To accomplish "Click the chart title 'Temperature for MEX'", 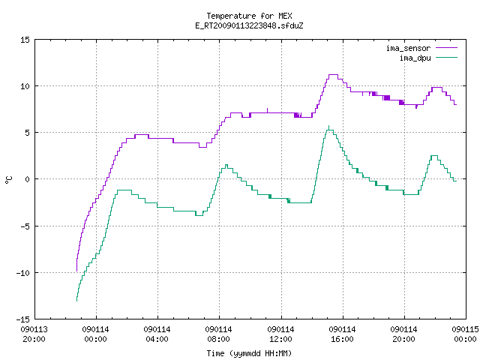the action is click(x=249, y=16).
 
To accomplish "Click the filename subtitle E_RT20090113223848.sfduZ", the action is click(x=249, y=25).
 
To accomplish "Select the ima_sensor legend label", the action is click(x=408, y=48).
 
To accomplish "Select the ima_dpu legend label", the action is click(x=415, y=58).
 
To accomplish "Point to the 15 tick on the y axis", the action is click(x=25, y=40).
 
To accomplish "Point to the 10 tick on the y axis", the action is click(x=25, y=86).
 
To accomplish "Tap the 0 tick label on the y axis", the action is click(x=28, y=179).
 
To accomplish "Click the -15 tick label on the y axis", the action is click(x=23, y=319).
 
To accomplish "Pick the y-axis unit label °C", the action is click(x=8, y=180).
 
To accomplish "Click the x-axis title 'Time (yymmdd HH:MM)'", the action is click(x=249, y=353).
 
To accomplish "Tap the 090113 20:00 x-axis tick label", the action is click(x=34, y=334).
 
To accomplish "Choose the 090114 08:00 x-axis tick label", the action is click(x=218, y=334).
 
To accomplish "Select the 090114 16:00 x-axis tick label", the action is click(x=342, y=334).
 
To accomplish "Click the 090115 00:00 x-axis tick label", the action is click(x=465, y=334).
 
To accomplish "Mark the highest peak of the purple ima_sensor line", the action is click(x=333, y=74).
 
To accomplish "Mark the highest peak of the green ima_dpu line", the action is click(x=329, y=126).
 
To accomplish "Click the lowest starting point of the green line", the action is click(x=76, y=301).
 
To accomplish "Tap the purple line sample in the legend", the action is click(x=447, y=48).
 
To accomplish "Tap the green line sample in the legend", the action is click(x=447, y=57).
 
